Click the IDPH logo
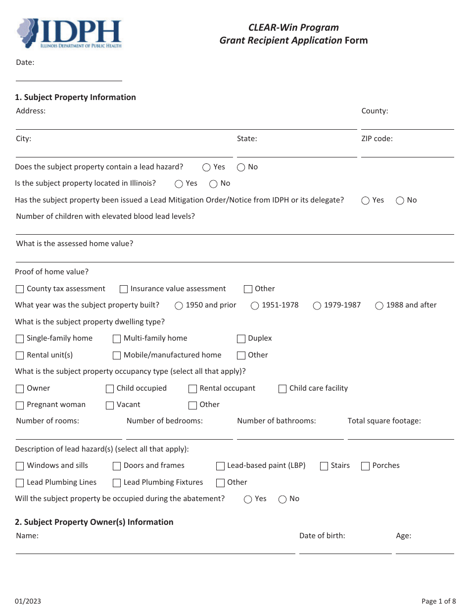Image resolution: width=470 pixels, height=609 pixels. click(x=69, y=34)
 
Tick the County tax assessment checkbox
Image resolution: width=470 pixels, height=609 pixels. click(x=20, y=289)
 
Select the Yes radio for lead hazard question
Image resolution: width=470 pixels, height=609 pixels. click(x=206, y=167)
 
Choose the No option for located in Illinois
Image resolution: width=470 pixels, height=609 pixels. click(x=213, y=184)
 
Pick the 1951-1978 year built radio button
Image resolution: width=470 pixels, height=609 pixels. click(x=255, y=305)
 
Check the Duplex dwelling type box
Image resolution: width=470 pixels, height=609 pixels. click(x=241, y=339)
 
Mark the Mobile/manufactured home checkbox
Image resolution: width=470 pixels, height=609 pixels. click(x=117, y=355)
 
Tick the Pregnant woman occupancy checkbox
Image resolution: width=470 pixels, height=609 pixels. click(x=20, y=406)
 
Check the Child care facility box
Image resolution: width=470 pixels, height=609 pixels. click(x=282, y=389)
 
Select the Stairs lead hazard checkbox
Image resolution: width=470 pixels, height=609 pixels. click(x=324, y=466)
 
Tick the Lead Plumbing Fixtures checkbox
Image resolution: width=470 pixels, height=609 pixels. click(x=117, y=483)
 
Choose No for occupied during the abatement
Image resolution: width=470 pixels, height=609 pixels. click(x=282, y=499)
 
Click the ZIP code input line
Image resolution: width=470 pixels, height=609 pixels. click(x=407, y=151)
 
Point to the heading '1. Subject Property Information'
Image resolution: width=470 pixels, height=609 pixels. click(x=75, y=97)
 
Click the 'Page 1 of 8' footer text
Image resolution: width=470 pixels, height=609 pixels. click(x=438, y=601)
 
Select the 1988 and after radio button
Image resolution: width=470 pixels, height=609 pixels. click(x=379, y=305)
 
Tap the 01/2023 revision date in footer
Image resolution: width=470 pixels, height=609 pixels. click(x=28, y=601)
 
